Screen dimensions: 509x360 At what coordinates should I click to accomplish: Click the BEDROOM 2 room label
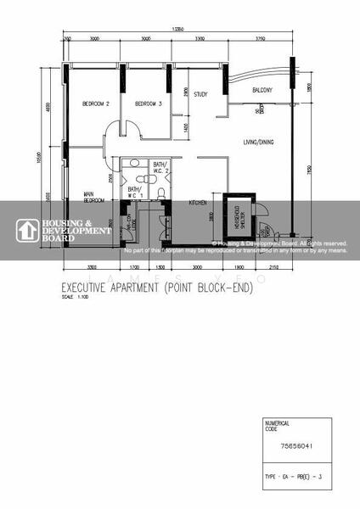(95, 103)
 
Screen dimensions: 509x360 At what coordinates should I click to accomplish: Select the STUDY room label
(201, 94)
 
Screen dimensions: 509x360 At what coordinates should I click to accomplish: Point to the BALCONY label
(262, 90)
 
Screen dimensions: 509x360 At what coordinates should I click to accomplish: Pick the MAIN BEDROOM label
(93, 197)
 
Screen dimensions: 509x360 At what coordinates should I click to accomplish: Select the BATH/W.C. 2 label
(160, 168)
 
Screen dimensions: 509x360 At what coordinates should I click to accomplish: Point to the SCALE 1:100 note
(75, 298)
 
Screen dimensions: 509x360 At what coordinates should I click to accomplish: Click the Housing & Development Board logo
(64, 230)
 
